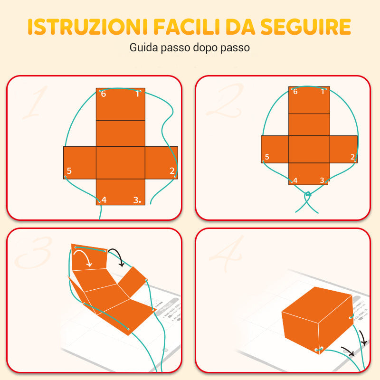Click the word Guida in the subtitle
tap(141, 48)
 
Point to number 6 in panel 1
tap(104, 94)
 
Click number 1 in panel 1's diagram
tap(138, 94)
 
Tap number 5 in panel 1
tap(69, 171)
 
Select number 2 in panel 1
tap(172, 171)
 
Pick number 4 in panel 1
tap(104, 200)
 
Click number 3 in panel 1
tap(136, 200)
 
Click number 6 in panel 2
tap(295, 91)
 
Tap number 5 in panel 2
tap(267, 157)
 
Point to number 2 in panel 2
tap(352, 157)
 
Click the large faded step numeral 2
tap(223, 102)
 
